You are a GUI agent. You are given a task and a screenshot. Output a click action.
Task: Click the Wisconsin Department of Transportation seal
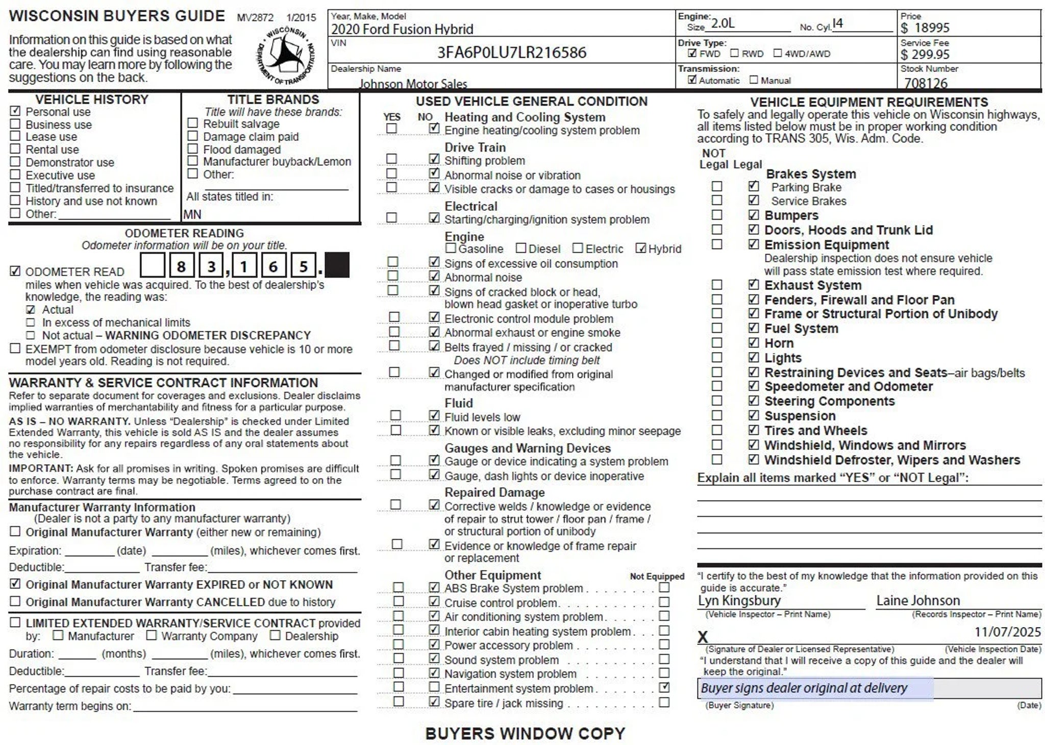285,55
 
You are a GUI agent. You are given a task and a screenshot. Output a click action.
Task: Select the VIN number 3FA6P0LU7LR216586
512,53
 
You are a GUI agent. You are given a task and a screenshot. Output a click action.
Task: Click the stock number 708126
926,83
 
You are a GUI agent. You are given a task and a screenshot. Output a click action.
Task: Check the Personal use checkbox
15,111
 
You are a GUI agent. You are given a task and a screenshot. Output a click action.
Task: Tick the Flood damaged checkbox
192,148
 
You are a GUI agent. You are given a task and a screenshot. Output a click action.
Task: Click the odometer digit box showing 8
181,266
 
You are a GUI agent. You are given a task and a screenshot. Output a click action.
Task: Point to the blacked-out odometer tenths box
337,265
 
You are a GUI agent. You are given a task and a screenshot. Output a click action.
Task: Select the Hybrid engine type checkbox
640,249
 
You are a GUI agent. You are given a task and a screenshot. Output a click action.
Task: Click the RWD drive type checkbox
734,53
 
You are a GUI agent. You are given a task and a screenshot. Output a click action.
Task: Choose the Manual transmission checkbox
754,80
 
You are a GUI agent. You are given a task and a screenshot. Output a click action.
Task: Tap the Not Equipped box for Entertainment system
664,687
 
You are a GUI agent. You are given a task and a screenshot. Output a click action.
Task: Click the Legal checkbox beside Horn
753,342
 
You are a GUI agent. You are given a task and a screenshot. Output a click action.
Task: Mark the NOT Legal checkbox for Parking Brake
717,187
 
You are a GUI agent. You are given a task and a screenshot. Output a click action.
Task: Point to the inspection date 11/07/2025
1007,632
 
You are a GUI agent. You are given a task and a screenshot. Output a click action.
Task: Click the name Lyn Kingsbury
739,601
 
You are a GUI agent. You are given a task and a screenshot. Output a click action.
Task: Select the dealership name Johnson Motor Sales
413,83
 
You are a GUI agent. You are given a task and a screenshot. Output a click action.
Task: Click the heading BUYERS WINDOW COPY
525,733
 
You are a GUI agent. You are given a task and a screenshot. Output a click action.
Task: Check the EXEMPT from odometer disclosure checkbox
15,349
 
